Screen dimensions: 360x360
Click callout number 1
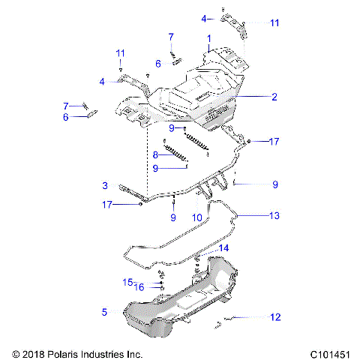pos(209,37)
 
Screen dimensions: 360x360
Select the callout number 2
pos(274,97)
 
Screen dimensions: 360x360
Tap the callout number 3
pos(105,185)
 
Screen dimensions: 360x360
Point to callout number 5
pos(105,310)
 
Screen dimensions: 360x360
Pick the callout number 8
pos(155,154)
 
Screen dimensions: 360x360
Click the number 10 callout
pos(197,217)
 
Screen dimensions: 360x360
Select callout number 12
pos(274,317)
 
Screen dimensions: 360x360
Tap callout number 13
pos(274,215)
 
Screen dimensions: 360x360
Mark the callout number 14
pos(223,247)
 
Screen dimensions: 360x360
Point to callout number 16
pos(139,286)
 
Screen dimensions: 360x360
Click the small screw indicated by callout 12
pos(219,322)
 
